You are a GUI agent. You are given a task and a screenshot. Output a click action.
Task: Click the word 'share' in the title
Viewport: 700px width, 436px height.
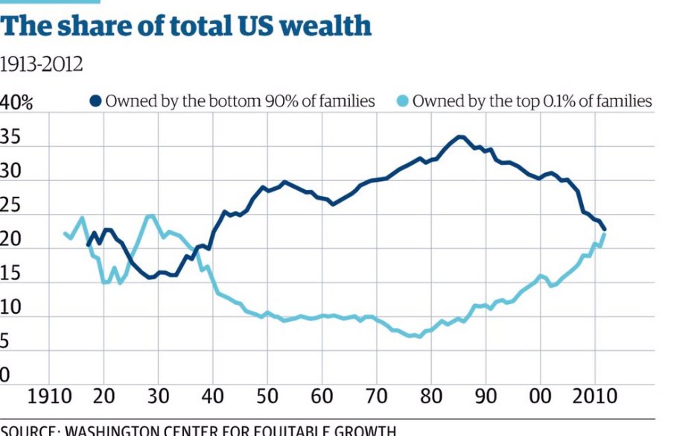click(x=88, y=27)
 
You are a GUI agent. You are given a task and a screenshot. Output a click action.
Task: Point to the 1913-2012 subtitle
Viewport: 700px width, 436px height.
click(x=41, y=65)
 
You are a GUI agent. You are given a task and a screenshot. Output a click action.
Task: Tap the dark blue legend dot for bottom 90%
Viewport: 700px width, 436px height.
click(x=96, y=101)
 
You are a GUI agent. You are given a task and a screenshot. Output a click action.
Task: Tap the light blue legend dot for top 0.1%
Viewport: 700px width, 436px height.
click(x=401, y=101)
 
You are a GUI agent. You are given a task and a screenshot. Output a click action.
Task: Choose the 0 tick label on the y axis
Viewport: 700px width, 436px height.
click(x=5, y=375)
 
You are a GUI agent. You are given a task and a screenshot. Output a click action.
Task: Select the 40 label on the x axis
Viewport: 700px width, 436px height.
click(x=213, y=396)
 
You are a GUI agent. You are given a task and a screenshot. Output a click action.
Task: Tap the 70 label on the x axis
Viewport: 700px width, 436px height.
click(x=377, y=396)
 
